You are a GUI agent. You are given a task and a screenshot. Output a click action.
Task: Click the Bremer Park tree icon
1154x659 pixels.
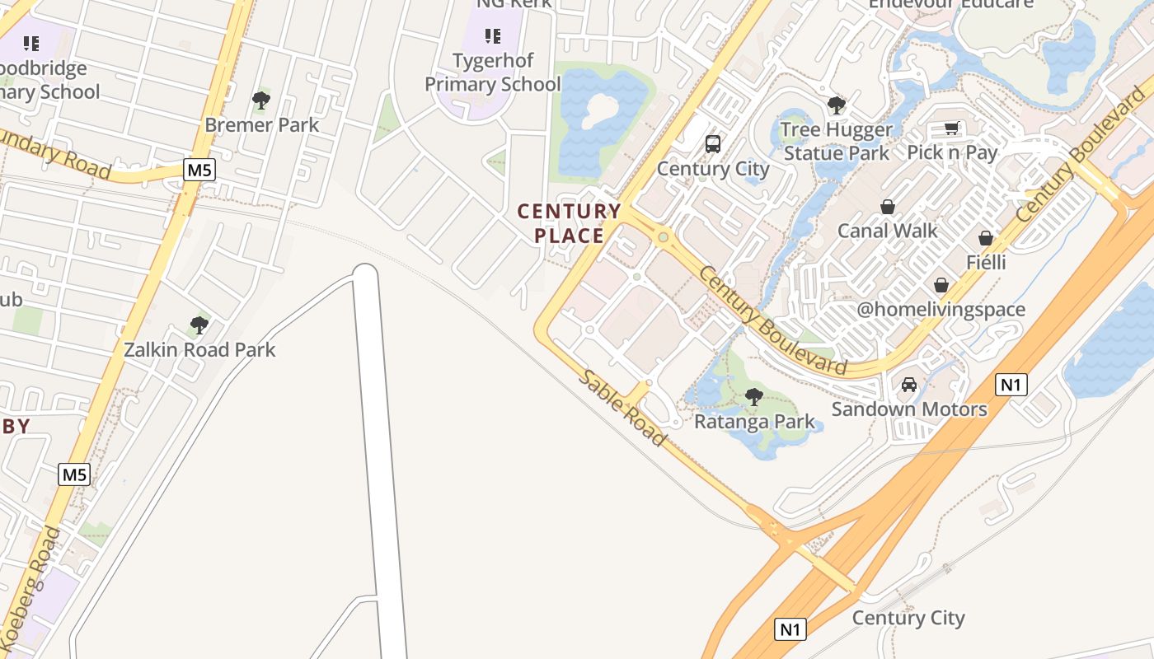pyautogui.click(x=261, y=100)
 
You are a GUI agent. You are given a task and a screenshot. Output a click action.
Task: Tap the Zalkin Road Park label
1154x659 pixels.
pyautogui.click(x=199, y=349)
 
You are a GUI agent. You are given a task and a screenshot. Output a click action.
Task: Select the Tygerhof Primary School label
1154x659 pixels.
pyautogui.click(x=492, y=72)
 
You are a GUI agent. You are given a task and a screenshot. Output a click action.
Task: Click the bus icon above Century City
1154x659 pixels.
pyautogui.click(x=713, y=144)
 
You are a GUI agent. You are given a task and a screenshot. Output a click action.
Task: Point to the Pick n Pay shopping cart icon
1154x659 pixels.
pyautogui.click(x=952, y=129)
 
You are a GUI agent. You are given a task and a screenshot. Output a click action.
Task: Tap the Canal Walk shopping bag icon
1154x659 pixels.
pyautogui.click(x=888, y=206)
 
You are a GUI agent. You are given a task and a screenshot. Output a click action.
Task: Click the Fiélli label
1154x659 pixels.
pyautogui.click(x=986, y=262)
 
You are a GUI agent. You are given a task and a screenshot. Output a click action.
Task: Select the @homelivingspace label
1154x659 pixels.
pyautogui.click(x=941, y=310)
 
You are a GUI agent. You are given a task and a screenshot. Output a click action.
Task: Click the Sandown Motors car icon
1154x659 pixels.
pyautogui.click(x=909, y=385)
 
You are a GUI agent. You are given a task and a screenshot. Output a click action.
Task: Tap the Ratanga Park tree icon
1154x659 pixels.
pyautogui.click(x=753, y=396)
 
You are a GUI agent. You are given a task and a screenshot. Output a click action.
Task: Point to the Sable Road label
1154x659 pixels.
pyautogui.click(x=622, y=408)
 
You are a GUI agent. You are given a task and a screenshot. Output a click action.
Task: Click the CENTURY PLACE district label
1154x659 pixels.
pyautogui.click(x=569, y=223)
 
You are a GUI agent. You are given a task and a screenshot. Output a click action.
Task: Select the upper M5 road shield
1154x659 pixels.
pyautogui.click(x=199, y=171)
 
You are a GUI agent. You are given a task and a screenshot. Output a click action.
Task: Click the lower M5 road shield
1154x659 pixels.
pyautogui.click(x=74, y=474)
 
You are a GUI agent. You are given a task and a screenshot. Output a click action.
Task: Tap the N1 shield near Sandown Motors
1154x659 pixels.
pyautogui.click(x=1011, y=384)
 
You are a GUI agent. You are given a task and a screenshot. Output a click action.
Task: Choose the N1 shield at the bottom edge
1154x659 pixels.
pyautogui.click(x=790, y=629)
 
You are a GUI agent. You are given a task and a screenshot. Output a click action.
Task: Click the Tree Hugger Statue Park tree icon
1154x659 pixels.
pyautogui.click(x=837, y=105)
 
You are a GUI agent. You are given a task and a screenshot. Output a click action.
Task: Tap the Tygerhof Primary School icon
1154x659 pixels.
pyautogui.click(x=493, y=35)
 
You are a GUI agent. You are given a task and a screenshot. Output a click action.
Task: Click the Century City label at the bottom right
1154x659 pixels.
pyautogui.click(x=908, y=618)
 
